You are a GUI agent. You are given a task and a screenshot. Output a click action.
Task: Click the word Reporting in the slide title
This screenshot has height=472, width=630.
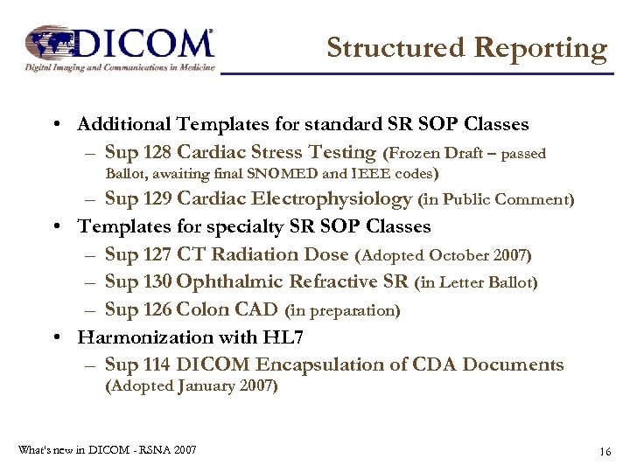coord(540,48)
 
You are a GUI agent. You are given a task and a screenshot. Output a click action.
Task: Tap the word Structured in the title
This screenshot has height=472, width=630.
coord(396,48)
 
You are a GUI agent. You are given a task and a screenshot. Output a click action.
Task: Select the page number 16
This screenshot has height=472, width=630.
coord(604,451)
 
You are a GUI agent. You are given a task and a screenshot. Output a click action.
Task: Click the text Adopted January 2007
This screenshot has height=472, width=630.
coord(192,386)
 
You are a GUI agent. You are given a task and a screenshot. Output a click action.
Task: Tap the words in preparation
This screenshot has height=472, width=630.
coord(342,310)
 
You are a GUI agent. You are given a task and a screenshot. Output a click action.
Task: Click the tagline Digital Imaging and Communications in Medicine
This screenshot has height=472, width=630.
coord(118,67)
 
